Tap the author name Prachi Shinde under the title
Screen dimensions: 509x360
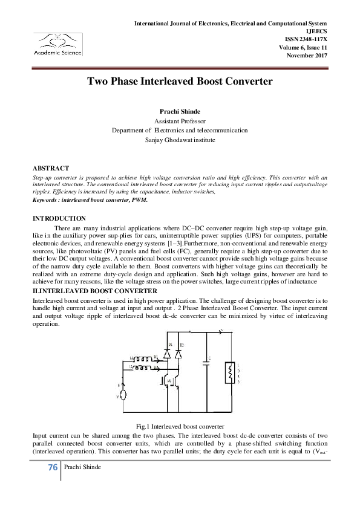pyautogui.click(x=179, y=112)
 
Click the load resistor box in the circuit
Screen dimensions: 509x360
pyautogui.click(x=229, y=373)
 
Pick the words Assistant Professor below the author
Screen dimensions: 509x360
pyautogui.click(x=180, y=121)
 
